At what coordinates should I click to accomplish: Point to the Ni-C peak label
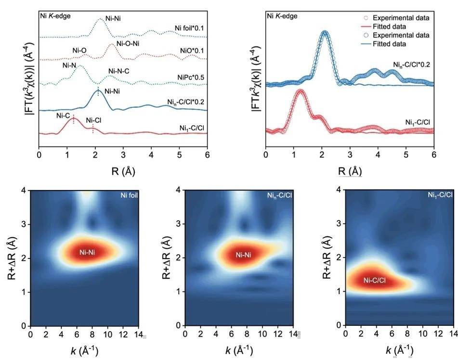[x=63, y=116]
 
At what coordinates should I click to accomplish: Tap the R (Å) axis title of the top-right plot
[x=350, y=170]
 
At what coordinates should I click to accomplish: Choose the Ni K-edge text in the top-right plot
[x=282, y=16]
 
